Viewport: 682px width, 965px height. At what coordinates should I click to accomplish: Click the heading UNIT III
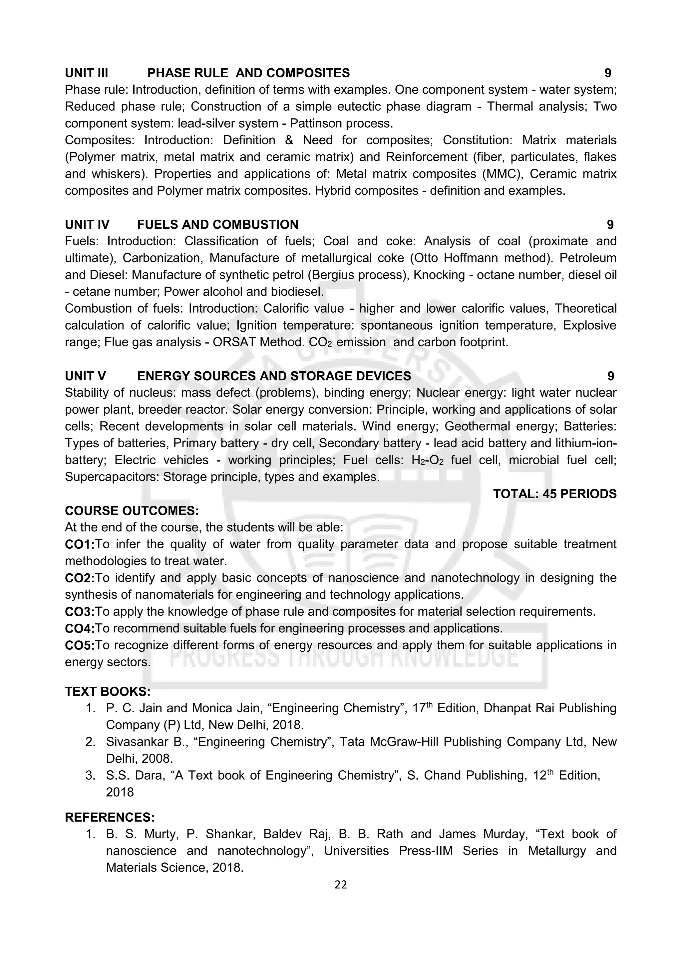(87, 73)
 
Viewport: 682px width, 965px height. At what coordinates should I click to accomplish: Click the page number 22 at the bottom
(341, 885)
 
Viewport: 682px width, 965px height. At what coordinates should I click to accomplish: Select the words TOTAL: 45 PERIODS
(554, 494)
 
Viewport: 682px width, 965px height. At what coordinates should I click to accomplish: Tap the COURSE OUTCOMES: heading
(132, 511)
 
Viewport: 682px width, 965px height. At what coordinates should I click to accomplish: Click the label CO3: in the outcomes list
(79, 612)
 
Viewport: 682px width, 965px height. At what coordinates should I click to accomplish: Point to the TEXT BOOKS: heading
(108, 691)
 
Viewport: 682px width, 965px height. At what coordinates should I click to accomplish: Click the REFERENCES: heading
(110, 817)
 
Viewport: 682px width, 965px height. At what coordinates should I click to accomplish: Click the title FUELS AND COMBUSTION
(217, 224)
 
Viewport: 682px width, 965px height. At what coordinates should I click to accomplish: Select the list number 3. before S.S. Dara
(90, 775)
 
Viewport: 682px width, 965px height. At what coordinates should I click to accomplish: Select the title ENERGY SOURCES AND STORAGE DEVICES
(274, 376)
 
